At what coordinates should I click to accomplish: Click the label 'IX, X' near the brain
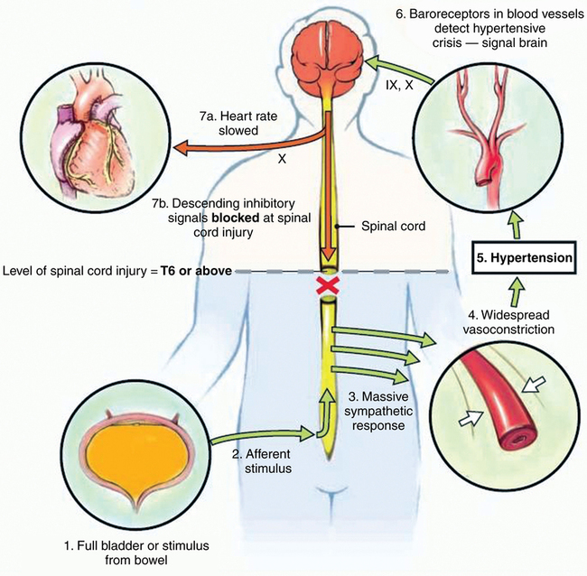(394, 85)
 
